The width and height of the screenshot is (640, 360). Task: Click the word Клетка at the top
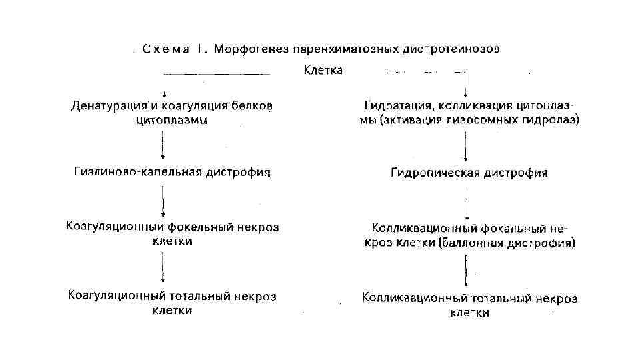[323, 70]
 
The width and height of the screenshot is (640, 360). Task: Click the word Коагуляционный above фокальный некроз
[113, 227]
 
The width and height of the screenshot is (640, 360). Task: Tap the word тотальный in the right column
[494, 298]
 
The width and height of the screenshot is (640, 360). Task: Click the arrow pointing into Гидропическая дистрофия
[465, 147]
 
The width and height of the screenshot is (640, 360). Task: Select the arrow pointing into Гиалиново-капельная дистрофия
[164, 146]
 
